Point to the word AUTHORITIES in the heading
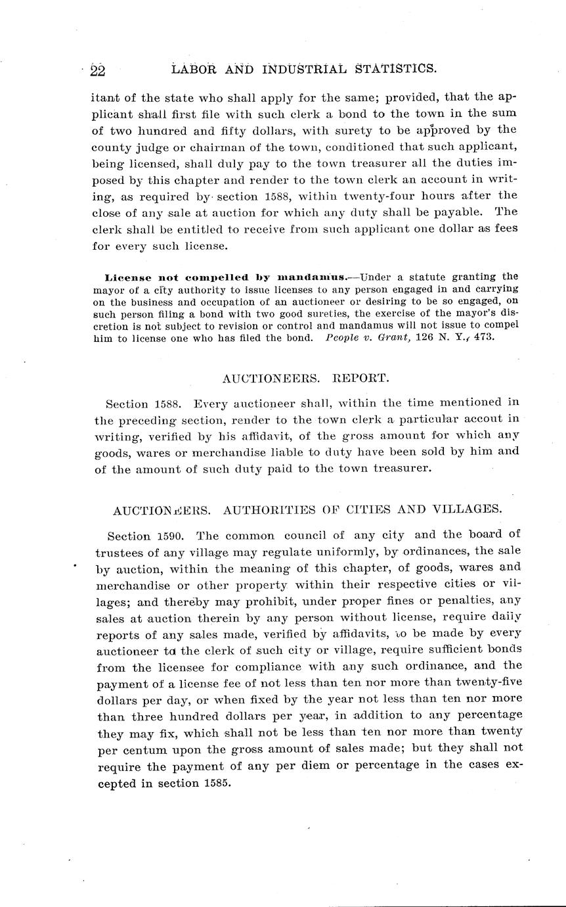click(292, 510)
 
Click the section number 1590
click(171, 535)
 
